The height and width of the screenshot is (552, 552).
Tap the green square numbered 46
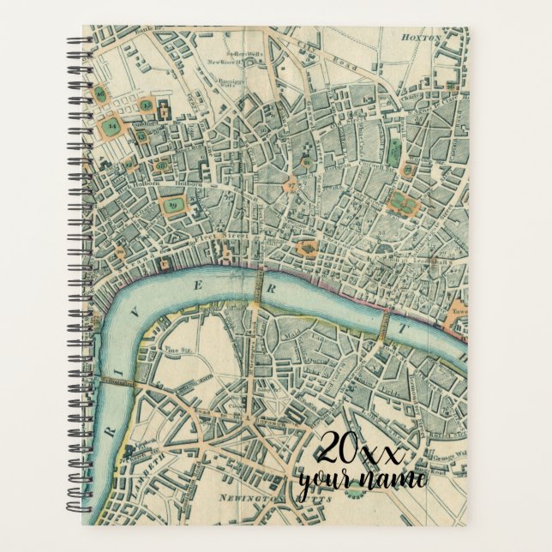[100, 93]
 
